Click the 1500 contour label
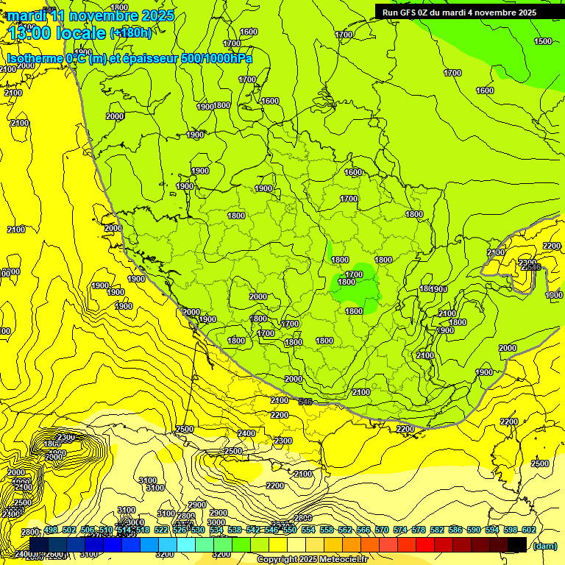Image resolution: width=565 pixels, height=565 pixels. coord(543,41)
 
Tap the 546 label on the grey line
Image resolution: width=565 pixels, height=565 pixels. coord(306,401)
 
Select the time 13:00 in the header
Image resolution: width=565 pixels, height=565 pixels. coord(31,33)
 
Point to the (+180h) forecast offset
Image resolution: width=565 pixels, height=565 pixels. coord(131,33)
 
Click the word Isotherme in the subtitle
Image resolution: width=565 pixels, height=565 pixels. coord(35,58)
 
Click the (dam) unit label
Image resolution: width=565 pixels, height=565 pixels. coord(544,546)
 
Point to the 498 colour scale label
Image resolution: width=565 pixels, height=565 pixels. coord(50,530)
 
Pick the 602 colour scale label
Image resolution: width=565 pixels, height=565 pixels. coord(528,530)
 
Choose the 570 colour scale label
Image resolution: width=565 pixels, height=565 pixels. coord(381,530)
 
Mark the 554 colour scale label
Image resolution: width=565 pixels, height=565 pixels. coord(308,530)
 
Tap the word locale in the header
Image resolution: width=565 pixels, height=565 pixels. coord(81,33)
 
